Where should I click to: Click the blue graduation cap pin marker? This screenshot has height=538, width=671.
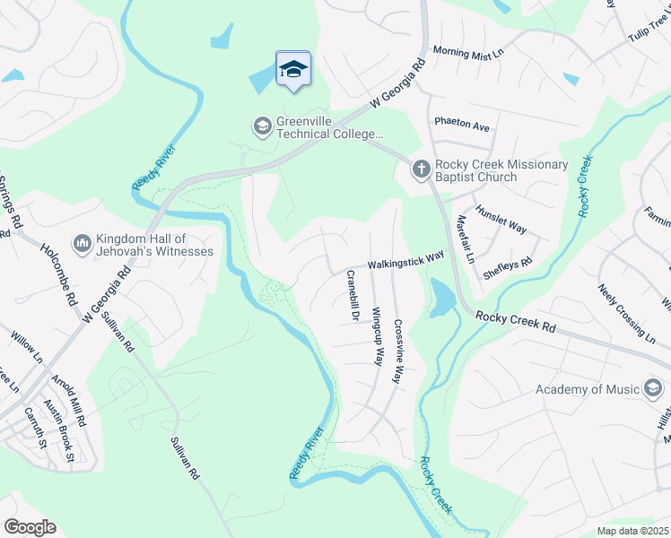click(293, 69)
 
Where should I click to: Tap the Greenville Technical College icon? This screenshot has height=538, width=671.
click(262, 126)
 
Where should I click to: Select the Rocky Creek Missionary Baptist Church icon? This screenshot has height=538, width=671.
click(422, 168)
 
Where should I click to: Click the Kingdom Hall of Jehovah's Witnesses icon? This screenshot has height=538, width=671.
click(83, 242)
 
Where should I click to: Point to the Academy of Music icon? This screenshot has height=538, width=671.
click(653, 388)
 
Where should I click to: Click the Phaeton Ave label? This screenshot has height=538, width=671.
click(462, 125)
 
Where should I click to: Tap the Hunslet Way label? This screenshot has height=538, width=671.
click(501, 218)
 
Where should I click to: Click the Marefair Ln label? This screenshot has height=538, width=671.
click(464, 239)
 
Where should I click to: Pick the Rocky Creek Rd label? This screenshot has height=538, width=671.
click(515, 322)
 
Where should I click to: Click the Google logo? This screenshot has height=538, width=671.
click(30, 527)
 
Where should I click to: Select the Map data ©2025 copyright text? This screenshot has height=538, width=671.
click(632, 531)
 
